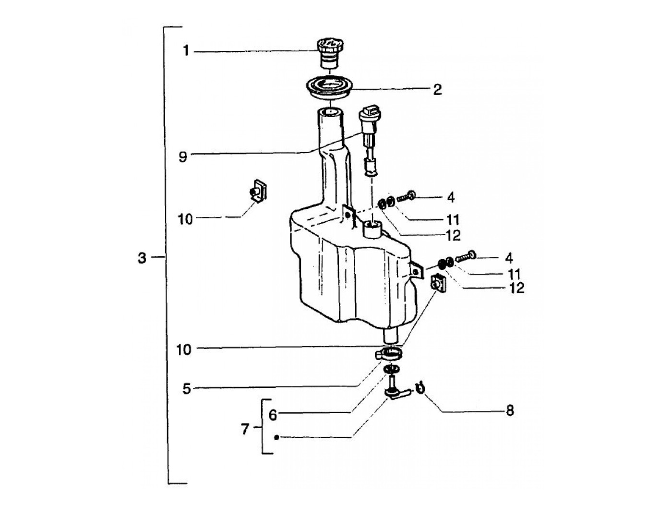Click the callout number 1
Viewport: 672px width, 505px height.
coord(186,51)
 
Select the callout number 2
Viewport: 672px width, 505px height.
coord(437,89)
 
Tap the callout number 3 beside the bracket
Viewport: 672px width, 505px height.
coord(141,258)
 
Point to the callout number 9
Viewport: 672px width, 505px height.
coord(182,156)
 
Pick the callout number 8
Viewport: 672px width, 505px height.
coord(509,411)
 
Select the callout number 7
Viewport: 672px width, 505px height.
coord(245,429)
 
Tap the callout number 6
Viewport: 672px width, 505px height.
coord(273,414)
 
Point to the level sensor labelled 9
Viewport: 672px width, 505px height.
coord(370,139)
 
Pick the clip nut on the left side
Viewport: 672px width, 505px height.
coord(258,190)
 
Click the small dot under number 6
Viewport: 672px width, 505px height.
coord(276,437)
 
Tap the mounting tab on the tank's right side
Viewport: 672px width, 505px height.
coord(416,271)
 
